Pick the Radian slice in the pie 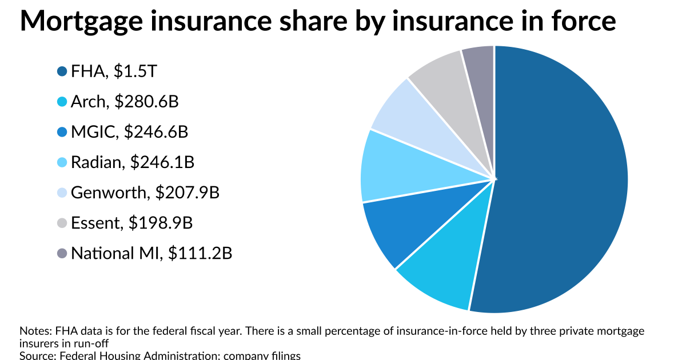click(x=394, y=169)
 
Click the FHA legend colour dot click(x=62, y=71)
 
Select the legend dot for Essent click(x=62, y=223)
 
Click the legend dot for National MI click(x=62, y=253)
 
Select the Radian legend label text click(x=96, y=162)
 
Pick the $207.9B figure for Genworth click(x=187, y=193)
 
